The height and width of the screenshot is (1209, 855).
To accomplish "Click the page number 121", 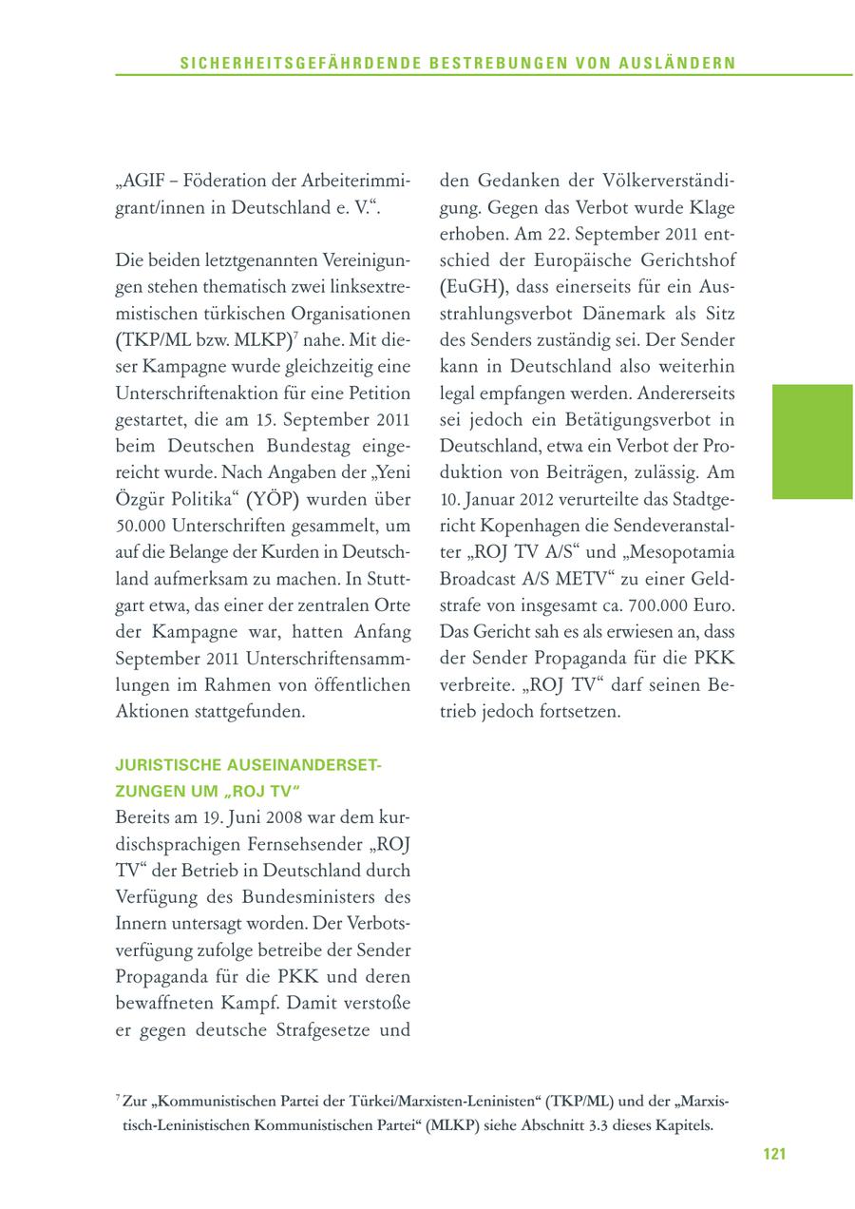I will click(x=773, y=1154).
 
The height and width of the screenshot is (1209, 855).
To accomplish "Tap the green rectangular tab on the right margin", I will click(x=812, y=441).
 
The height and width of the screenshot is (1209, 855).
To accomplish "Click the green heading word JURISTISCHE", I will click(x=167, y=764).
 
